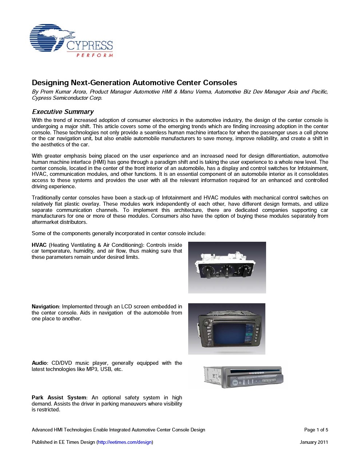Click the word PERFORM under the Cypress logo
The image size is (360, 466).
coord(95,55)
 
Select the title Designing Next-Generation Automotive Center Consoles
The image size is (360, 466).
coord(134,83)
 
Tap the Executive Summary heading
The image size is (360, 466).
coord(63,112)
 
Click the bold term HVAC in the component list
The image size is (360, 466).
coord(39,245)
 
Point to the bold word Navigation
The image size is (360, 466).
coord(45,307)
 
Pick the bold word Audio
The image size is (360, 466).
coord(39,363)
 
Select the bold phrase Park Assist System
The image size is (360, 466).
coord(59,398)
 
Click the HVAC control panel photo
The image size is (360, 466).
coord(227,268)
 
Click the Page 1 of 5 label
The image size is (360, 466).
coord(316,430)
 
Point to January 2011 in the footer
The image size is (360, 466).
coord(314,442)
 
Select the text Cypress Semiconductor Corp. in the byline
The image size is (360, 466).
coord(67,98)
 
